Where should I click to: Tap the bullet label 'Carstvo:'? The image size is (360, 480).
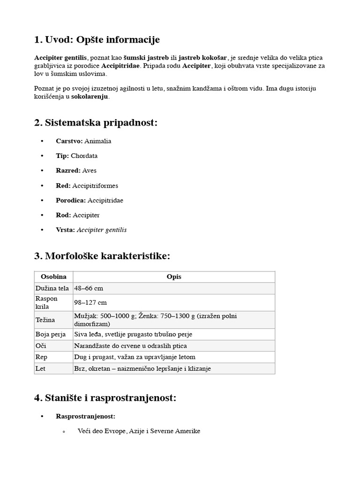pyautogui.click(x=69, y=141)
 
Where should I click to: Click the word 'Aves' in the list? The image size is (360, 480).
pyautogui.click(x=89, y=171)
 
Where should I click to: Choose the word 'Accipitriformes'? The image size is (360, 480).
pyautogui.click(x=95, y=186)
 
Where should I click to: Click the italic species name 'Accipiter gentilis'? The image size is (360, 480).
pyautogui.click(x=101, y=230)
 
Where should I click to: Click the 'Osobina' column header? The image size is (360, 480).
pyautogui.click(x=53, y=277)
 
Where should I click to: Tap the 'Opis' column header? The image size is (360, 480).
pyautogui.click(x=173, y=277)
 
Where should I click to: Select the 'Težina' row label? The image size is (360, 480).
pyautogui.click(x=45, y=320)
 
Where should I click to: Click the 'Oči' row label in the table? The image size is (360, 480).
pyautogui.click(x=41, y=346)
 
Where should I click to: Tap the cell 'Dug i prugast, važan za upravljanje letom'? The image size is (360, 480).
pyautogui.click(x=135, y=357)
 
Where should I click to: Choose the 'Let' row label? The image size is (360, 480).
pyautogui.click(x=40, y=368)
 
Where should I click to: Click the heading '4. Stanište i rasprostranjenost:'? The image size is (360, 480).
pyautogui.click(x=105, y=398)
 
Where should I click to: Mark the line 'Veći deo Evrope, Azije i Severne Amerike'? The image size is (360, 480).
pyautogui.click(x=139, y=431)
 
